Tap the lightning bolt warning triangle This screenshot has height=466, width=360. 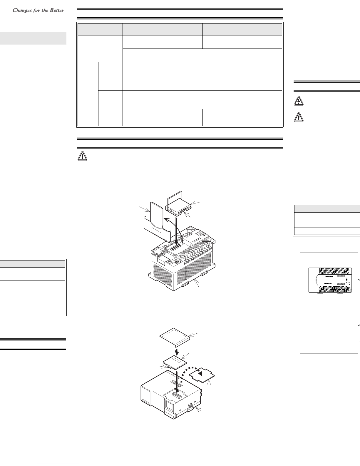[299, 101]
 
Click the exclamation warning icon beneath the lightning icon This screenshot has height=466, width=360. [299, 117]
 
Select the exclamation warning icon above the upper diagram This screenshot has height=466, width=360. [82, 156]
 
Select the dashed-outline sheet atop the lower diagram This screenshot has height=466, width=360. [175, 337]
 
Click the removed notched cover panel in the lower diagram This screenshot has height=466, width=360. [202, 377]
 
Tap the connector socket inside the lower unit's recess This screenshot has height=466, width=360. [177, 395]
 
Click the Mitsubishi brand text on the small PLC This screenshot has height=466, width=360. [329, 276]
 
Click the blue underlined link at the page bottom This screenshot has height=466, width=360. [58, 463]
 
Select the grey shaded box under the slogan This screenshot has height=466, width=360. [33, 39]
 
